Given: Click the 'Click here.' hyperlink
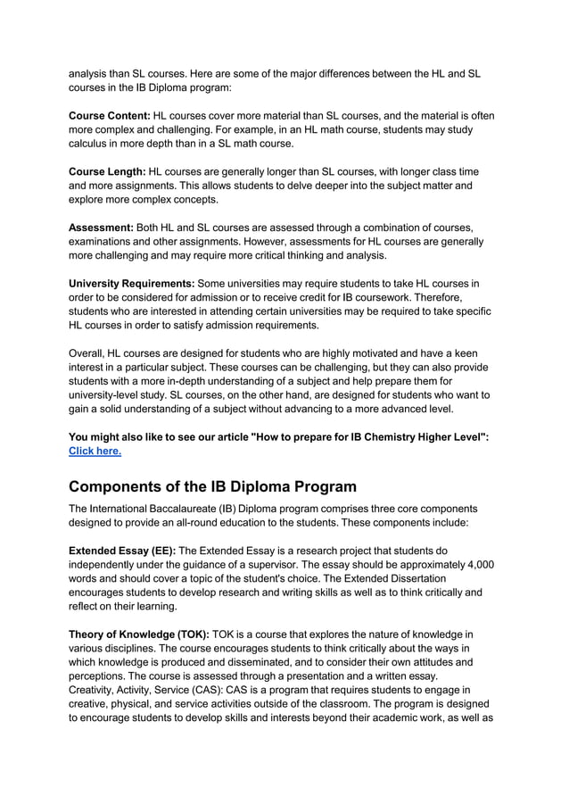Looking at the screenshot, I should point(95,451).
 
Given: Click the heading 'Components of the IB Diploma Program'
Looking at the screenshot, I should point(212,487).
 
